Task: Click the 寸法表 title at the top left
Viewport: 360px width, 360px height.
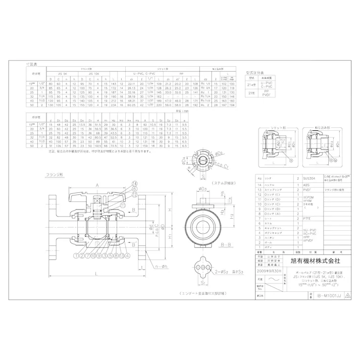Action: [31, 66]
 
